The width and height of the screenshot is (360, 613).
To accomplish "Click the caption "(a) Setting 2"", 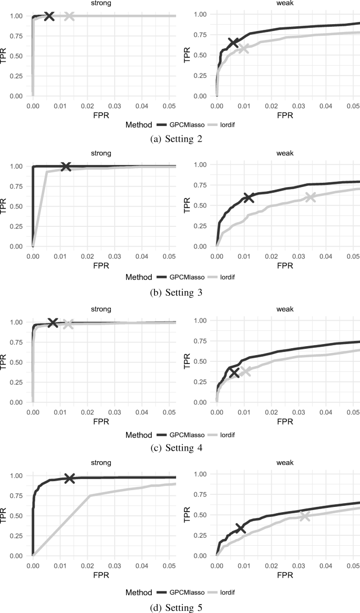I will point(180,139).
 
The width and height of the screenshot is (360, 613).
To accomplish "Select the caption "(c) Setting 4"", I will point(180,448).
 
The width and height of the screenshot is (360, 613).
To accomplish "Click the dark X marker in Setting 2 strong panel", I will point(49,16).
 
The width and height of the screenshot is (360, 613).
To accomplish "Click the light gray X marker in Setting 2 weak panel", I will point(243,48).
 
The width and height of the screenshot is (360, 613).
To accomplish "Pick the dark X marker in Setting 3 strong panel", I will point(66,167).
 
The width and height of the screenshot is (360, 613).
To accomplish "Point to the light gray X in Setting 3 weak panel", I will point(311,197).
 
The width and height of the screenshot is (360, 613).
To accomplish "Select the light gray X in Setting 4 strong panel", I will point(68,324).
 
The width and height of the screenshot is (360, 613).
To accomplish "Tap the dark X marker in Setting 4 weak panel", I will point(234,372).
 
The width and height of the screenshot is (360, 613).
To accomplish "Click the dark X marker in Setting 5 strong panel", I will point(69,478).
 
